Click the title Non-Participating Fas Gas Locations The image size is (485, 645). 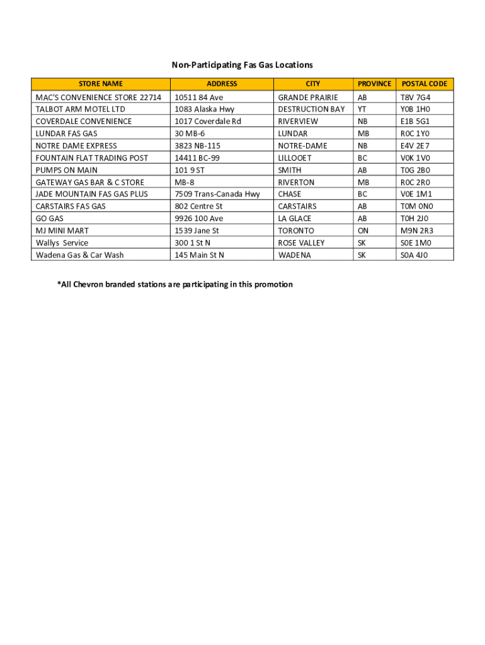(x=243, y=65)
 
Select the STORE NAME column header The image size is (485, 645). (x=101, y=84)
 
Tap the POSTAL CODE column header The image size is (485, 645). (x=425, y=84)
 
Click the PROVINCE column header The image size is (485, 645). (x=374, y=84)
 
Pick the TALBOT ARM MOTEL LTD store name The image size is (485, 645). (x=81, y=110)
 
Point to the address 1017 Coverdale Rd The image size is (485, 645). (x=208, y=122)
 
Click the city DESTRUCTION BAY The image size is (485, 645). (x=311, y=110)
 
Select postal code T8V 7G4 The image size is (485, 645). (x=416, y=98)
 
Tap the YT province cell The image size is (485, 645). (x=362, y=110)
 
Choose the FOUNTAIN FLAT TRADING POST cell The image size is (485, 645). (x=92, y=158)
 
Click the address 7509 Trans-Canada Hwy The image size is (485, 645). (x=217, y=194)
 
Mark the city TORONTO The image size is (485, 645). (x=296, y=231)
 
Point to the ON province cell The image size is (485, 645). (x=363, y=231)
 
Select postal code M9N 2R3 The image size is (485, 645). (x=417, y=231)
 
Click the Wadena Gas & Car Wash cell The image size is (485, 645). (x=80, y=255)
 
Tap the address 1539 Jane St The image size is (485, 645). (x=197, y=231)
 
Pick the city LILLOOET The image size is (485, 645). (x=295, y=158)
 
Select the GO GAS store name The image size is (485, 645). (x=50, y=219)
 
